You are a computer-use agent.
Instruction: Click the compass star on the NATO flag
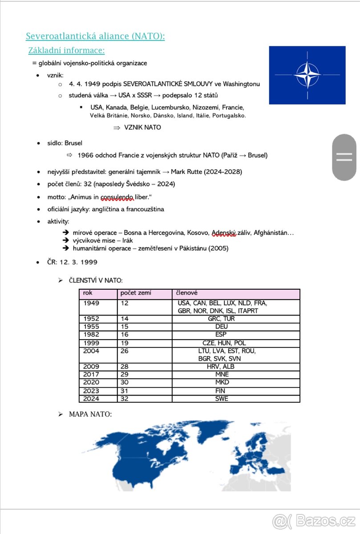[x=307, y=75]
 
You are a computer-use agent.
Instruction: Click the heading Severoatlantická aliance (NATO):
[x=95, y=36]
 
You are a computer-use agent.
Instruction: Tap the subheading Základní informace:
[x=66, y=50]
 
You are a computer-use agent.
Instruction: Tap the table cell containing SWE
[x=221, y=399]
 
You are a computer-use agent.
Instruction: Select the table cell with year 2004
[x=91, y=351]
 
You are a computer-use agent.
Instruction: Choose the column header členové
[x=187, y=293]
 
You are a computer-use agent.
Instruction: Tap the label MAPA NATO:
[x=90, y=414]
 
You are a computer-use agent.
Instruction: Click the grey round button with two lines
[x=344, y=157]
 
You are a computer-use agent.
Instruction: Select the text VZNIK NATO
[x=142, y=128]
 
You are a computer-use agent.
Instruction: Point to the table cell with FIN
[x=221, y=391]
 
